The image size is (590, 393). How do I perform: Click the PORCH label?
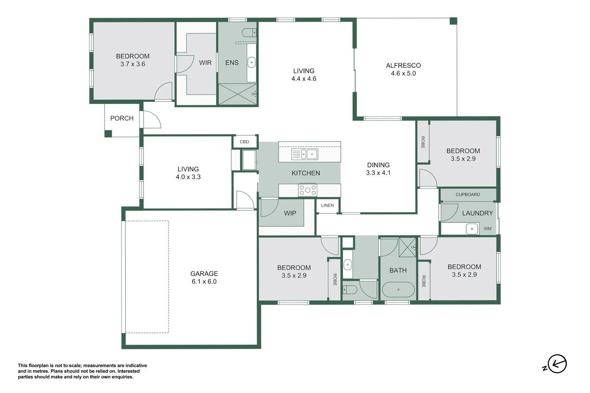click(122, 118)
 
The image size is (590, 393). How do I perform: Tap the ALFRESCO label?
click(403, 65)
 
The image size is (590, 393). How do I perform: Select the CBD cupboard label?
click(244, 142)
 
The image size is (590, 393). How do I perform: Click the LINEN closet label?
click(327, 205)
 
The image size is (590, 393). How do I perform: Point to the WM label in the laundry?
click(487, 229)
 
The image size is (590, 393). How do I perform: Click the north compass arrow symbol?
click(557, 364)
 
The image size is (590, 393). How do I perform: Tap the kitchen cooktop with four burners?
click(307, 190)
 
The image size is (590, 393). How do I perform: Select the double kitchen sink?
click(304, 154)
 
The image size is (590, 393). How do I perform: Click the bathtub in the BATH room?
click(398, 290)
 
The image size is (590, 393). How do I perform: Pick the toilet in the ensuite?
click(249, 33)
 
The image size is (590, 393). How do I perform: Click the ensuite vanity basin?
click(252, 62)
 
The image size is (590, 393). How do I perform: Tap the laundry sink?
click(472, 229)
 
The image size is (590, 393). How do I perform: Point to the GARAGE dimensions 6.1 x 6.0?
click(204, 281)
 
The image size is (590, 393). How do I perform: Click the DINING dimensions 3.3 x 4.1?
click(378, 173)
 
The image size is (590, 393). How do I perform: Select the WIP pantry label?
click(290, 213)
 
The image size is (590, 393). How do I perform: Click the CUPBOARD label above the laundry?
click(468, 195)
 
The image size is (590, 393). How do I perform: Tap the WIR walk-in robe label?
click(205, 63)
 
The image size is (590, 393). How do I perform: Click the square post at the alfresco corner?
click(453, 21)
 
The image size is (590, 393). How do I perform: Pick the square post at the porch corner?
click(108, 134)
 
